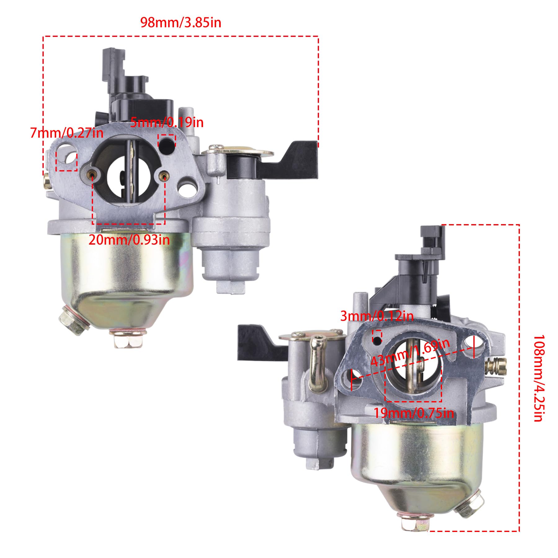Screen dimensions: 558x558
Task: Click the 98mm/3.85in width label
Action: click(x=181, y=23)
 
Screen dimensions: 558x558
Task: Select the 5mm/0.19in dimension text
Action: click(x=167, y=122)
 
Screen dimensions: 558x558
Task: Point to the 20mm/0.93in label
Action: click(x=129, y=240)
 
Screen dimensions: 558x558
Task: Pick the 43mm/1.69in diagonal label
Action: click(x=410, y=352)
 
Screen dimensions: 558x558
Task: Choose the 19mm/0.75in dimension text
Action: click(x=414, y=413)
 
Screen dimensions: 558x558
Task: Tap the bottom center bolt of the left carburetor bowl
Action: click(x=128, y=338)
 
